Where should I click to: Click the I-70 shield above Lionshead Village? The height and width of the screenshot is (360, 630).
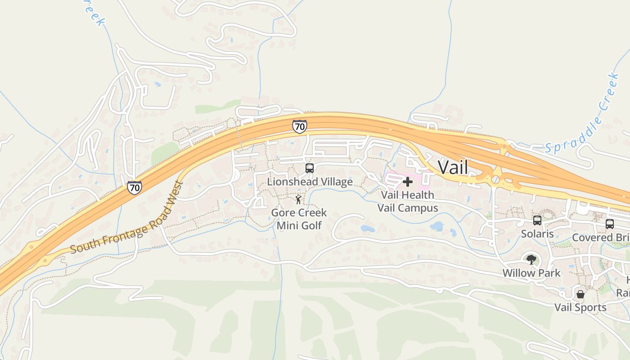pos(300,126)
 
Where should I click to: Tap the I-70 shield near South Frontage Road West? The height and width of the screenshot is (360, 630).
pos(134,187)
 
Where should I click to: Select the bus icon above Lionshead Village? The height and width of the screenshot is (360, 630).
pos(310,168)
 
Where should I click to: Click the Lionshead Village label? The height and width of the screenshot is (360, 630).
pos(310,182)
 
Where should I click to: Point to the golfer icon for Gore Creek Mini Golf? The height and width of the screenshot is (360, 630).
pos(298,199)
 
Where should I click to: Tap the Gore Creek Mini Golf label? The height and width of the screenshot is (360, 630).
pos(299,219)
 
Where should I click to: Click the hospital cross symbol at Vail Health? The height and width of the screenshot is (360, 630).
pos(408,182)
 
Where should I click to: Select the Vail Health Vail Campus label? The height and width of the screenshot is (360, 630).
pos(407,201)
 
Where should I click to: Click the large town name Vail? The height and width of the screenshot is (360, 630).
pos(453,167)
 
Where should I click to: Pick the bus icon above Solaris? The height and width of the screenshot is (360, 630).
pos(537,220)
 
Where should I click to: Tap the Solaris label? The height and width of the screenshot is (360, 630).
pos(537,234)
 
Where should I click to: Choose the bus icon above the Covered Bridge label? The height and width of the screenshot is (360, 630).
pos(610,224)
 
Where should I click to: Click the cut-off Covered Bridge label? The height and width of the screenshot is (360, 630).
pos(601,237)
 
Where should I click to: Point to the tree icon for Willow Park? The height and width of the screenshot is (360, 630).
pos(531,259)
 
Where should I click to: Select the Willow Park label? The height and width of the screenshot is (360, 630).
pos(531,273)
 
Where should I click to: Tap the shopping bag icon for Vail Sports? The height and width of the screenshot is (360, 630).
pos(580,294)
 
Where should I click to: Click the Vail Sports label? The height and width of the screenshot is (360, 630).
pos(580,308)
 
